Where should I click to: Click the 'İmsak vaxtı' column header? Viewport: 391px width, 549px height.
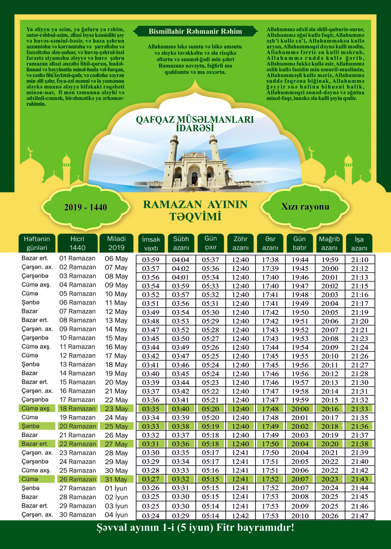(151, 243)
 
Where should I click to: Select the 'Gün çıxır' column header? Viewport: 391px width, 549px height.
(210, 243)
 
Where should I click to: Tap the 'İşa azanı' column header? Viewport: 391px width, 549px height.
(359, 243)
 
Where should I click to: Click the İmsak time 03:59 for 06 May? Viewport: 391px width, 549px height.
(151, 260)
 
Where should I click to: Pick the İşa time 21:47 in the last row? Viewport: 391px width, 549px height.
(359, 516)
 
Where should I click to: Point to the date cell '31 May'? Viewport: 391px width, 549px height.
(116, 479)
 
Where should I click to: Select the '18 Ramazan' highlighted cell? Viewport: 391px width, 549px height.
(78, 409)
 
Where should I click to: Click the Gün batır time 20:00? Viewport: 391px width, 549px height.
(300, 409)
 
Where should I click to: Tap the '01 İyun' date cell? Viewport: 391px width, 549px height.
(116, 488)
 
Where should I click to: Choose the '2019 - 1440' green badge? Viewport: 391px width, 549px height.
(86, 207)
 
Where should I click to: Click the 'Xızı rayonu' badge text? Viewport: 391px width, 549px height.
(305, 207)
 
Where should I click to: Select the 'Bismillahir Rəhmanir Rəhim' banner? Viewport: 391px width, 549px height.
(195, 32)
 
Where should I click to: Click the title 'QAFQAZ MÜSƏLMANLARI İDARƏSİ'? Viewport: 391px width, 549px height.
(195, 123)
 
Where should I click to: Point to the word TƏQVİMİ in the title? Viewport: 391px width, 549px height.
(195, 217)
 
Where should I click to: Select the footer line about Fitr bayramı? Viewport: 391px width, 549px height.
(195, 527)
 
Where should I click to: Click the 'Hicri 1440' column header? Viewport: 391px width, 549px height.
(78, 243)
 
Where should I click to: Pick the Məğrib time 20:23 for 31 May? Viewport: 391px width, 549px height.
(330, 479)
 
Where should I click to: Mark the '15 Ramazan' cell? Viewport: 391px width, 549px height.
(78, 382)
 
